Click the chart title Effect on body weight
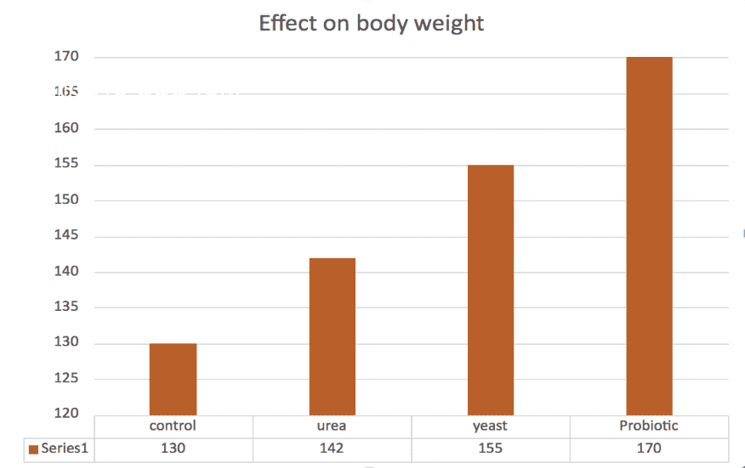click(x=372, y=23)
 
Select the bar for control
click(x=173, y=379)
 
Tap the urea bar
click(x=332, y=336)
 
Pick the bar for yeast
click(x=491, y=290)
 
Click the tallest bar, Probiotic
click(x=649, y=236)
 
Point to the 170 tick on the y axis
click(x=68, y=58)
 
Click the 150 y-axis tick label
click(x=68, y=200)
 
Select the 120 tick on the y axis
click(x=68, y=414)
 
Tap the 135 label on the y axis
click(x=68, y=307)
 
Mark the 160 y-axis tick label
click(x=68, y=129)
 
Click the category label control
click(x=173, y=426)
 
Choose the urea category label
click(x=332, y=426)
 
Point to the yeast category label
click(x=491, y=426)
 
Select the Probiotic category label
click(x=649, y=426)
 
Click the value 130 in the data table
click(x=173, y=448)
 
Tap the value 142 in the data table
click(x=332, y=448)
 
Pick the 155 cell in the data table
click(x=491, y=448)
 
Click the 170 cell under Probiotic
click(x=649, y=448)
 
